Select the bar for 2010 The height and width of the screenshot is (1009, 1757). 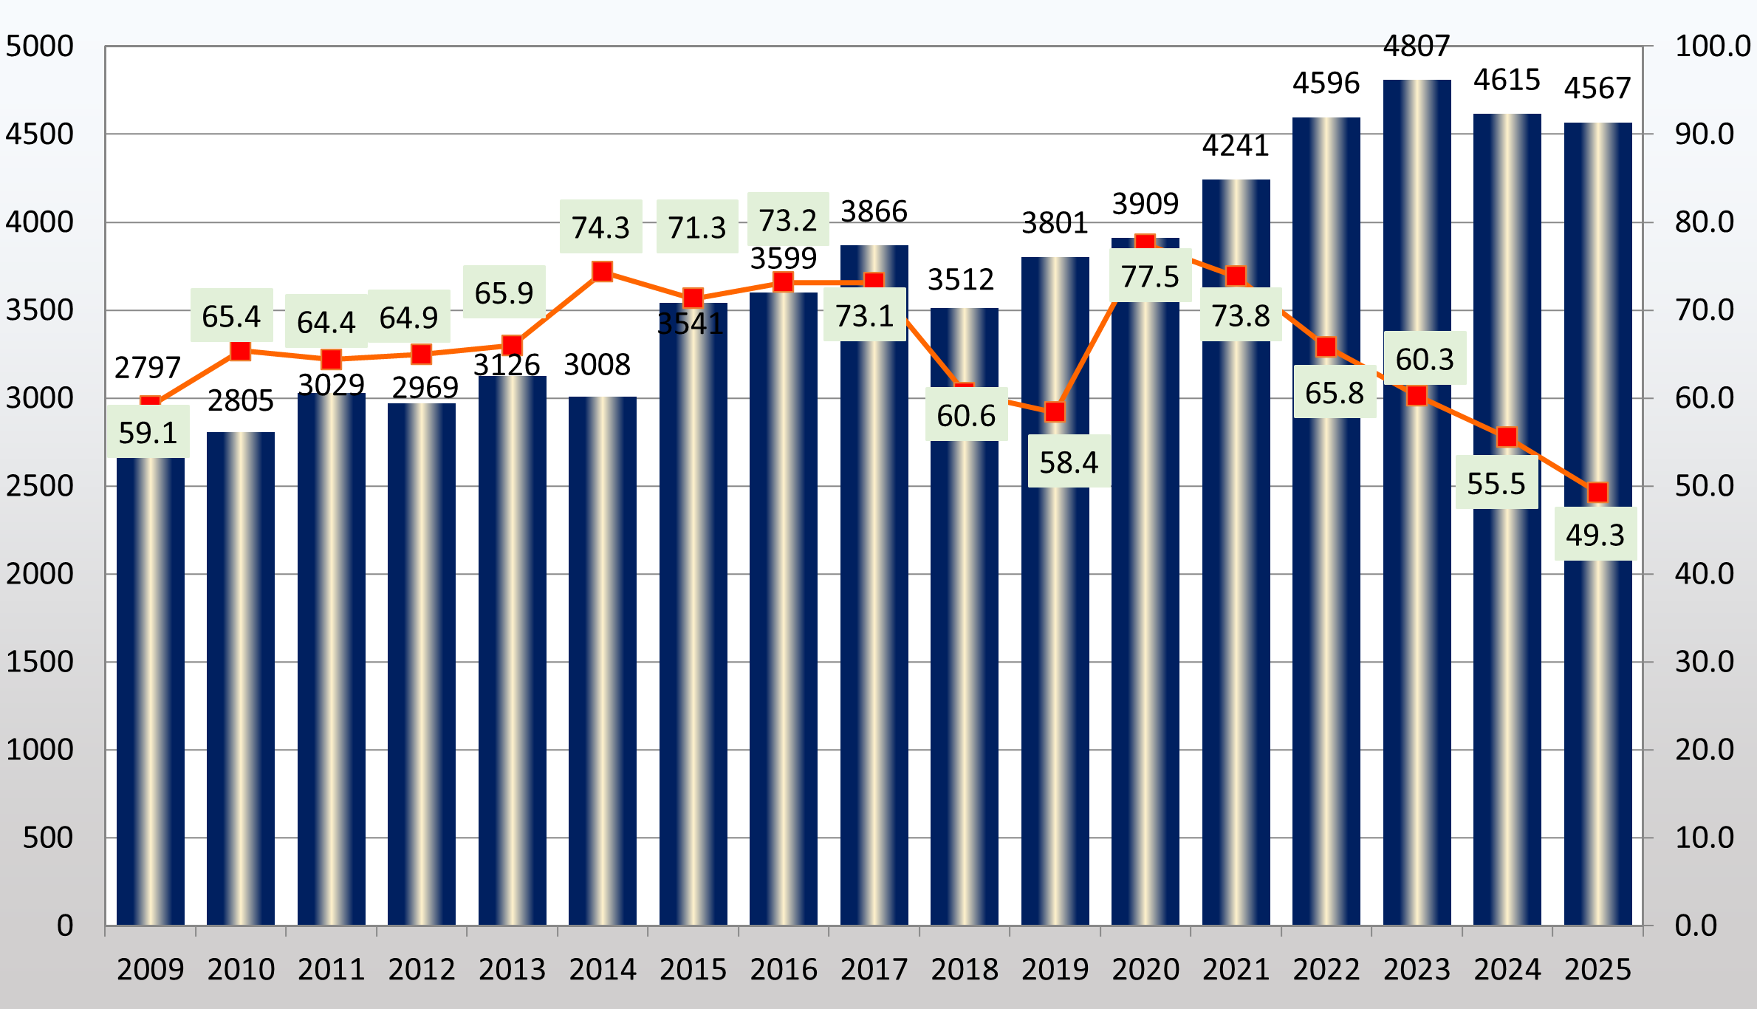pos(241,680)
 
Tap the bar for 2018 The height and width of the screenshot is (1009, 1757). pos(965,665)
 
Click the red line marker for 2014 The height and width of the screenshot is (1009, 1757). pos(603,272)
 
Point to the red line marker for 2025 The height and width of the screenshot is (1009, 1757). pos(1597,492)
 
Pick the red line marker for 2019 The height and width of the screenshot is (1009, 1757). pos(1055,412)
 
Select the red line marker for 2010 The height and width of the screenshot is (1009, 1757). pos(241,351)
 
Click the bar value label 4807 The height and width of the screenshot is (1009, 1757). pos(1417,47)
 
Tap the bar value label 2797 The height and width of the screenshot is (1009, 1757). pos(148,367)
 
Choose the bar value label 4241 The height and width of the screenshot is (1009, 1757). pos(1236,146)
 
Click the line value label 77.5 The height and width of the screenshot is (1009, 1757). pos(1150,276)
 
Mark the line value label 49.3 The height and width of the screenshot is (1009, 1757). pos(1595,535)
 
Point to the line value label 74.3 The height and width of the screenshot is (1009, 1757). pos(600,228)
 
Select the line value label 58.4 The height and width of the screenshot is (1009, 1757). pos(1069,462)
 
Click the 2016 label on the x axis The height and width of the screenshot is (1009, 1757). pos(784,969)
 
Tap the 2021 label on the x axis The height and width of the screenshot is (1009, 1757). pos(1236,969)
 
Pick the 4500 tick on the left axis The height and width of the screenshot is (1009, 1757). pos(40,134)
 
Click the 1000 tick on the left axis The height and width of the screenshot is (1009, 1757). pos(40,750)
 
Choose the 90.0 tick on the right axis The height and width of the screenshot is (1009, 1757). pos(1705,134)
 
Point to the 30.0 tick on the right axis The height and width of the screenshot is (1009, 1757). pos(1705,662)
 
